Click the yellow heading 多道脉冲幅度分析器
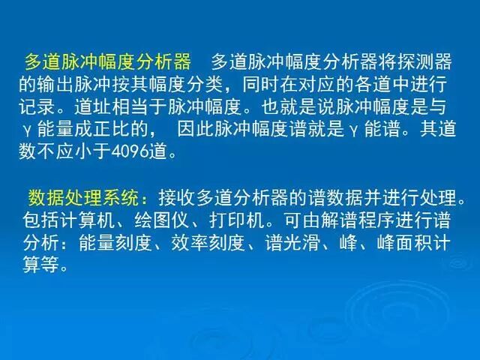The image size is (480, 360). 107,61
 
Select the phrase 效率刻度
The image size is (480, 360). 202,244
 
